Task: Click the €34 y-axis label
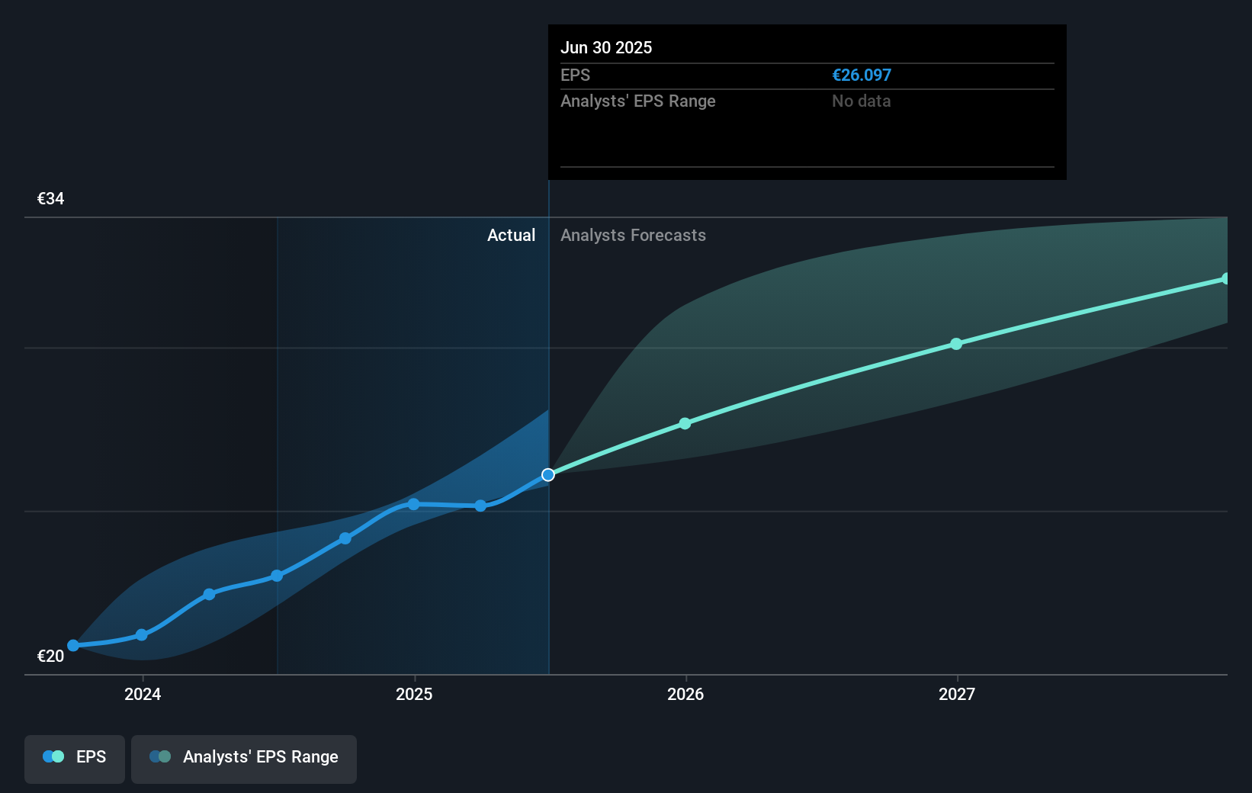pos(51,199)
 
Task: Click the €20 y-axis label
pos(51,657)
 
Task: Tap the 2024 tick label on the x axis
pos(143,694)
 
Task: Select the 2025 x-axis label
pos(414,694)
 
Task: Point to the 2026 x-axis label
pos(685,694)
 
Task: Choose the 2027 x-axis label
pos(957,694)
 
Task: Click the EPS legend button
pos(75,757)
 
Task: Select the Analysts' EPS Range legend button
pos(244,757)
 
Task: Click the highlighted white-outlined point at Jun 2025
pos(548,475)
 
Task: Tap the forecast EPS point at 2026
pos(685,424)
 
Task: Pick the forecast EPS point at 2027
pos(956,344)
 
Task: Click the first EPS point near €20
pos(73,646)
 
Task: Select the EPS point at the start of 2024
pos(142,635)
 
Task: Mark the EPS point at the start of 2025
pos(413,504)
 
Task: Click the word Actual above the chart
pos(511,236)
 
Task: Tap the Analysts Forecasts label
pos(633,236)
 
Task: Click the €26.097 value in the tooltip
pos(862,75)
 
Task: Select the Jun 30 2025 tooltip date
pos(606,48)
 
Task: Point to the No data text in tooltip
pos(861,101)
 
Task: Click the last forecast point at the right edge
pos(1225,279)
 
